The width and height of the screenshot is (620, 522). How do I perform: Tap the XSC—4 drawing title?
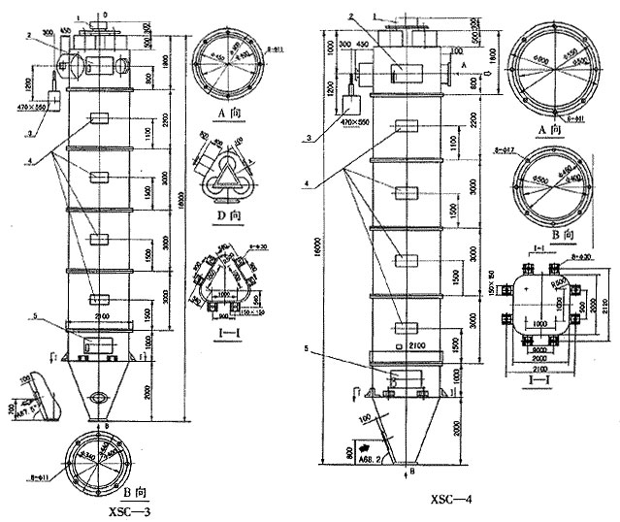(453, 501)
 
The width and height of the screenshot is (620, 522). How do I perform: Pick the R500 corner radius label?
(559, 282)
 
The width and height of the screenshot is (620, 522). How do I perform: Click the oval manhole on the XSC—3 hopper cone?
(95, 397)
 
